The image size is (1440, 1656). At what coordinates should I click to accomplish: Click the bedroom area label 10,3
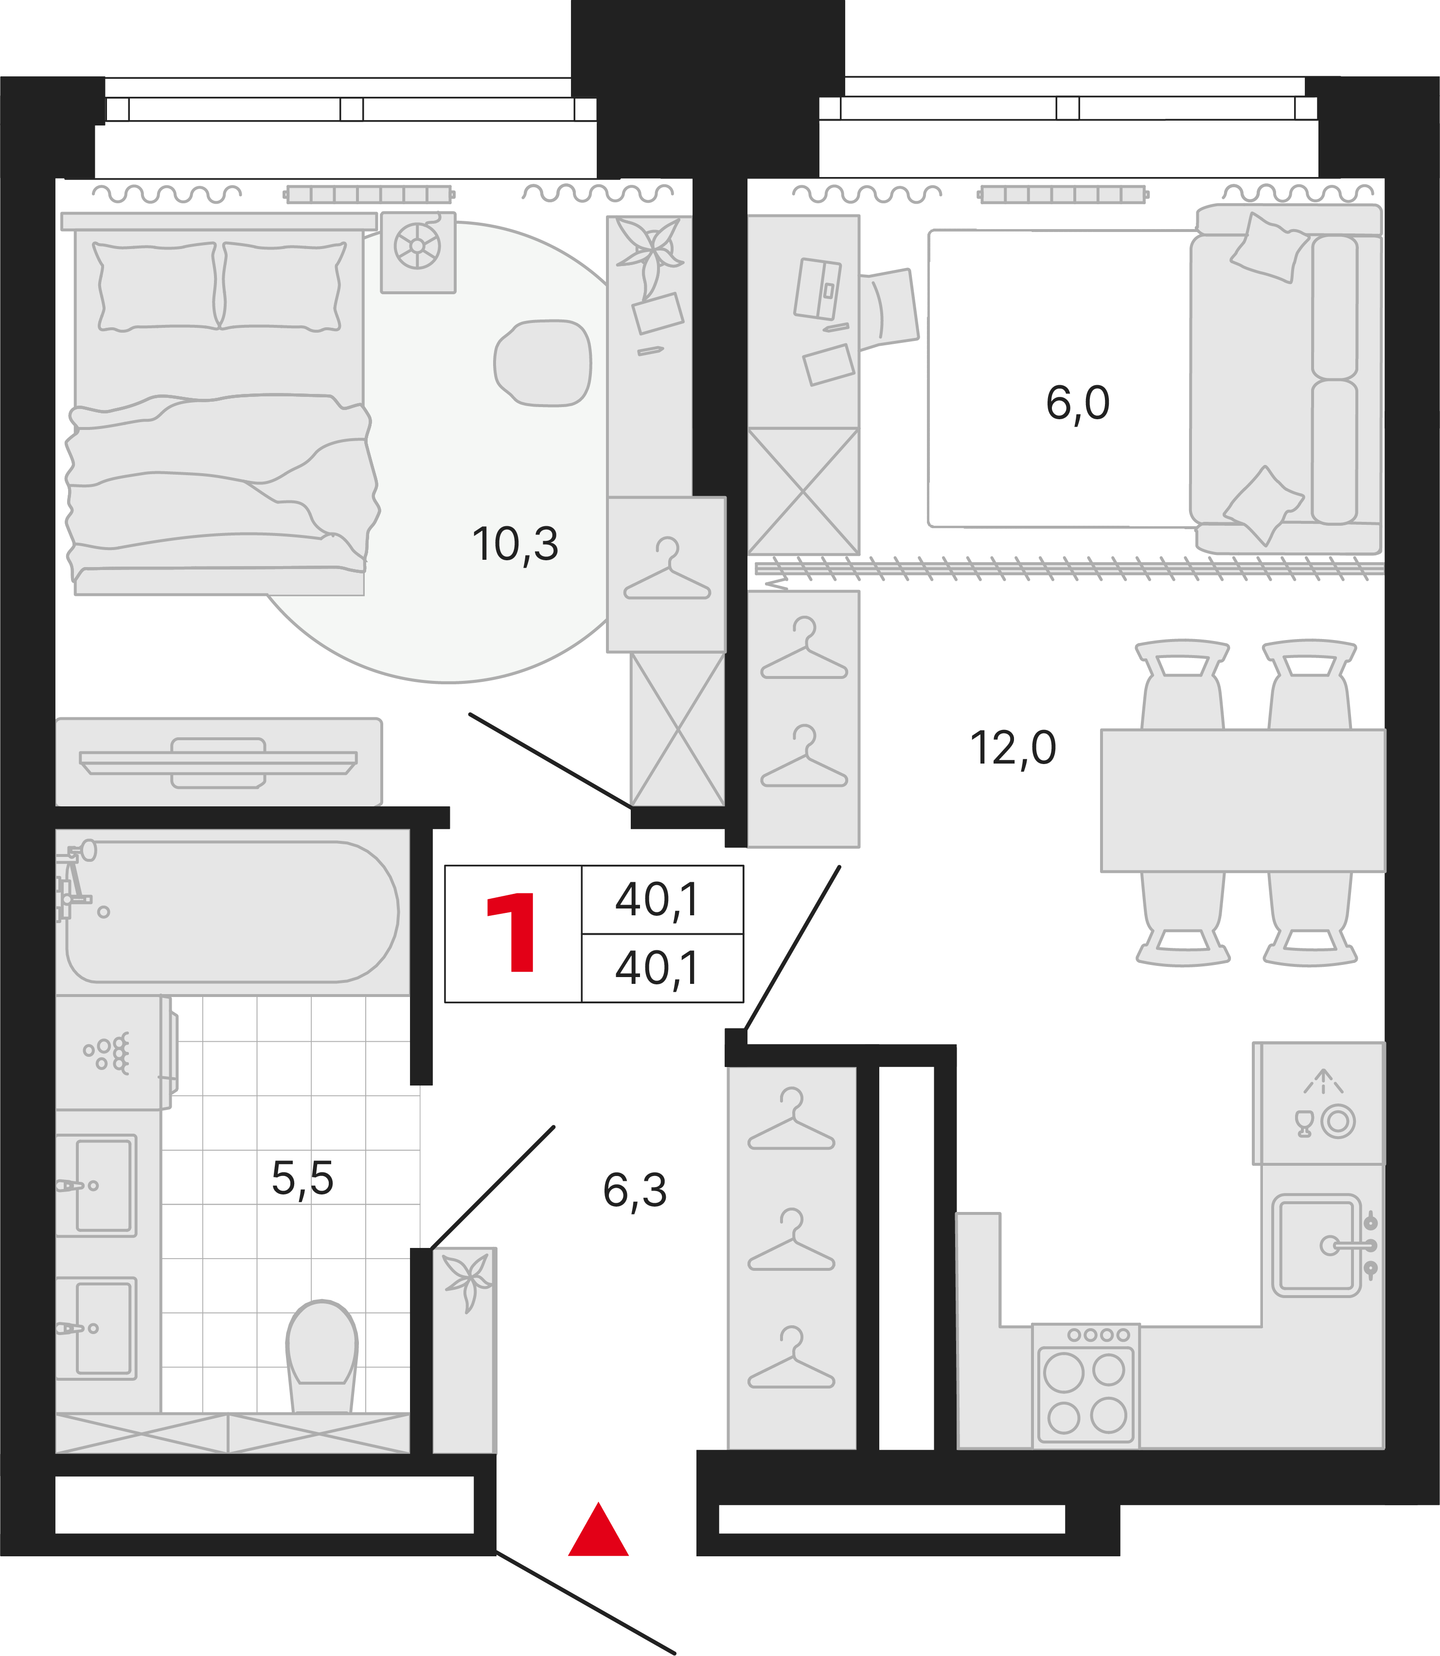pos(515,545)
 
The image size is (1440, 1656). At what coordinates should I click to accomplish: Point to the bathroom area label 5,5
pos(302,1179)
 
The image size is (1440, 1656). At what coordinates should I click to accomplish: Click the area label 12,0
pos(1013,748)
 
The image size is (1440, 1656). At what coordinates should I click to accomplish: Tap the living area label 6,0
pos(1078,403)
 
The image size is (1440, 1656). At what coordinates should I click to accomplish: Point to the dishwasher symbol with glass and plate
pos(1318,1103)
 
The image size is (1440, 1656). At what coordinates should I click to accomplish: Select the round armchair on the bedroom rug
pos(542,363)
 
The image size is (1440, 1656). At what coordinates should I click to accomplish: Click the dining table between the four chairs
pos(1243,801)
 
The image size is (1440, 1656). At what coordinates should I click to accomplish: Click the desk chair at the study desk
pos(889,308)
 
